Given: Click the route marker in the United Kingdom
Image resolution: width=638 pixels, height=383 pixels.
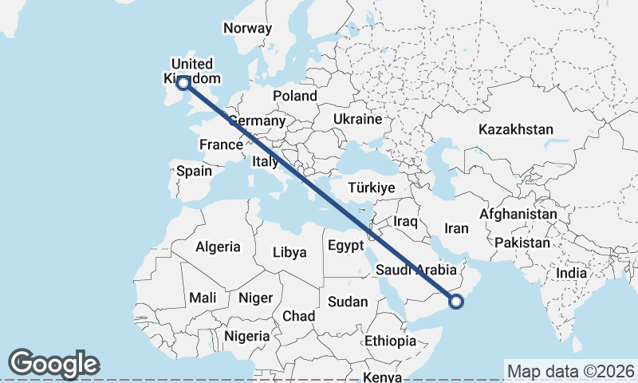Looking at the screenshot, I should tap(183, 82).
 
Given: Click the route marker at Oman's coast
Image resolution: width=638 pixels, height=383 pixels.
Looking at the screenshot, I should tap(456, 301).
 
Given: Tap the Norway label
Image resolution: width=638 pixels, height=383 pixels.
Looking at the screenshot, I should tap(247, 28).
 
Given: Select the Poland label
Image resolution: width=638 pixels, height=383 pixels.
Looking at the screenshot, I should tap(294, 96).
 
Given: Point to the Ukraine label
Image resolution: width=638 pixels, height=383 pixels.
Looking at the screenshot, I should tap(358, 119).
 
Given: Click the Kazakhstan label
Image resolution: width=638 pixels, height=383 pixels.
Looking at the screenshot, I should tap(516, 129).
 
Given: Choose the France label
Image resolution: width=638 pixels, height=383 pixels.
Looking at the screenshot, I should tap(220, 144).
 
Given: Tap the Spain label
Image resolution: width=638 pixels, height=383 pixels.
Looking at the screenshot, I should tap(194, 170).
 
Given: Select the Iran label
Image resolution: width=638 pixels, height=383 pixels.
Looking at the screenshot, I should tap(456, 228).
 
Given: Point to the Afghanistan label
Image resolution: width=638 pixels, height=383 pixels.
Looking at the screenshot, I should tap(518, 215).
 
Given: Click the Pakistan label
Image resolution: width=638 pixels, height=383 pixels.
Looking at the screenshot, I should tap(522, 243).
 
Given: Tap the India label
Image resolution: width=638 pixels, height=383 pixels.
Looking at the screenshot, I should tap(571, 273).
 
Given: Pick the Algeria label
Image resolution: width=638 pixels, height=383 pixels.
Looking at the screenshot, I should tap(218, 246).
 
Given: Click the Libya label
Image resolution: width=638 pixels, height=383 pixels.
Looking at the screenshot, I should tap(289, 252).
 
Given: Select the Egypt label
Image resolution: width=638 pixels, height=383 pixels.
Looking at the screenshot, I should tap(346, 246).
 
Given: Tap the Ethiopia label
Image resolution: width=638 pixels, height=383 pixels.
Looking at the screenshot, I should tap(390, 341).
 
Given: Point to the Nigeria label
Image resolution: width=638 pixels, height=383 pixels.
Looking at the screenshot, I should tap(246, 336).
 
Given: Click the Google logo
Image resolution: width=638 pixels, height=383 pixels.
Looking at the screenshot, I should tap(53, 364).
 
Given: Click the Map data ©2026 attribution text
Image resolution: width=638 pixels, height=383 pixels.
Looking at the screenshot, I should tap(571, 371).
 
